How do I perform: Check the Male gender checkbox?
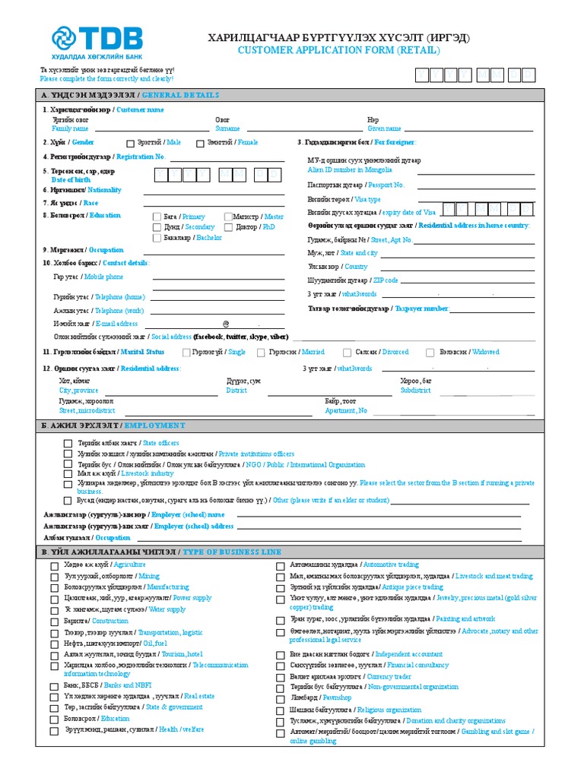pyautogui.click(x=129, y=143)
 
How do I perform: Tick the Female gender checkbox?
pyautogui.click(x=201, y=143)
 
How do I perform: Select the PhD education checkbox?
pyautogui.click(x=228, y=227)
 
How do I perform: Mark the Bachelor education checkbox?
pyautogui.click(x=157, y=238)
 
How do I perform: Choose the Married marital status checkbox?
pyautogui.click(x=260, y=353)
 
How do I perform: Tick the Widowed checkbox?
pyautogui.click(x=430, y=353)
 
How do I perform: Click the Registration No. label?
pyautogui.click(x=140, y=157)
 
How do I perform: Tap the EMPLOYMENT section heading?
pyautogui.click(x=154, y=425)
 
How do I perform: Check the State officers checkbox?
pyautogui.click(x=68, y=443)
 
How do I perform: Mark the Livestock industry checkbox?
pyautogui.click(x=68, y=473)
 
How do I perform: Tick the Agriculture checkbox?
pyautogui.click(x=54, y=565)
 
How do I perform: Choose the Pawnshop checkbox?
pyautogui.click(x=280, y=697)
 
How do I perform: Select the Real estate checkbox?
pyautogui.click(x=54, y=696)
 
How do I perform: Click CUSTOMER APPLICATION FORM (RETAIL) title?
pyautogui.click(x=339, y=50)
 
